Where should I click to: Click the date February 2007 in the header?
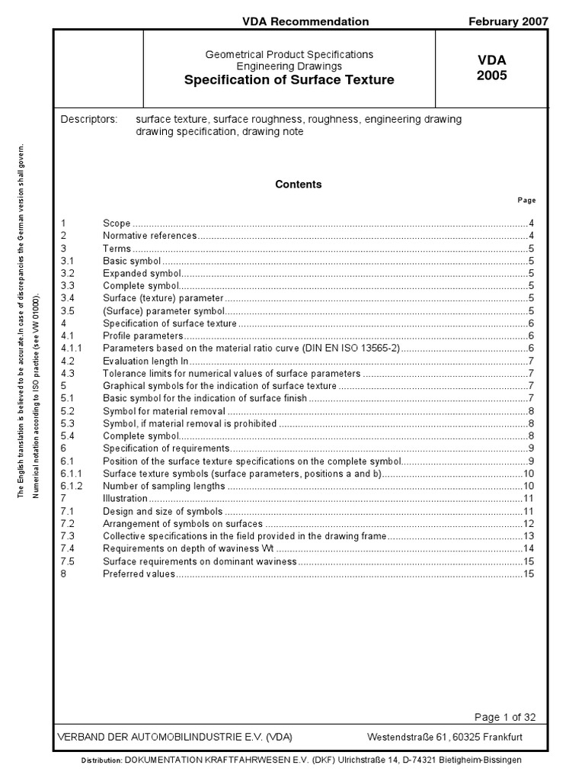pos(507,21)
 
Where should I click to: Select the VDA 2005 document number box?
pos(491,68)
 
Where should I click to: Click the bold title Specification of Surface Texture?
pos(289,80)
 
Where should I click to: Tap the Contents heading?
pos(298,185)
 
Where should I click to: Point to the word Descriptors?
pos(88,120)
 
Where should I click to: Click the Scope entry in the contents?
pos(117,223)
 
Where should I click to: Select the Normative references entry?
pos(149,236)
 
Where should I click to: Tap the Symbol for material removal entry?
pos(164,411)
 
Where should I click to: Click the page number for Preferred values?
pos(529,574)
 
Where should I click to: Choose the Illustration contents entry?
pos(125,498)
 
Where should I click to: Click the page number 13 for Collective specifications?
pos(529,536)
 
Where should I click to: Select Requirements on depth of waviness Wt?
pos(188,548)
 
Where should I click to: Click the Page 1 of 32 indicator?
pos(505,717)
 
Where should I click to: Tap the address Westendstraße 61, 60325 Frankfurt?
pos(445,738)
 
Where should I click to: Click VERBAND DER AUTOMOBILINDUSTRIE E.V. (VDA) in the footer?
pos(175,738)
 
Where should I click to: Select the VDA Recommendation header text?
pos(305,21)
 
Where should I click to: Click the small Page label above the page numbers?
pos(526,201)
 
